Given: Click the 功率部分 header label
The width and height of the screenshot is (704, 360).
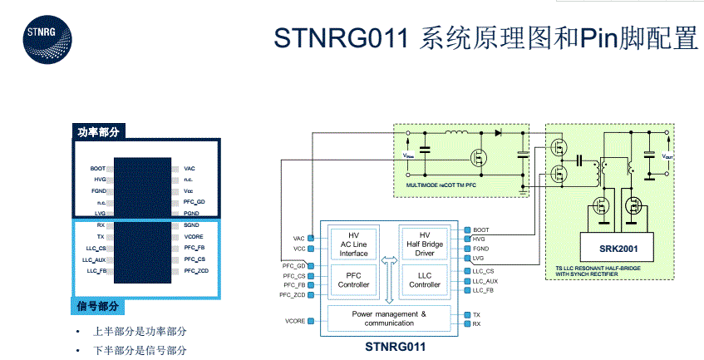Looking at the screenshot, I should [99, 132].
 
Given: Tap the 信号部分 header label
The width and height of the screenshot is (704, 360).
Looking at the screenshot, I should [98, 307].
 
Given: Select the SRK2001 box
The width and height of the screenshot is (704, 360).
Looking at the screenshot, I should [618, 249].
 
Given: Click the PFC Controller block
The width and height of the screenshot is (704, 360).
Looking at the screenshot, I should [353, 279].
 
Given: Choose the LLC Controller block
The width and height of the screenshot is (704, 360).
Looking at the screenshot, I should [425, 279].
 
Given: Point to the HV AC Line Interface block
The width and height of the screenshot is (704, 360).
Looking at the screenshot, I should [353, 242].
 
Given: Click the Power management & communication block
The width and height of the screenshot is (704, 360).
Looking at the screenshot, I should [388, 318].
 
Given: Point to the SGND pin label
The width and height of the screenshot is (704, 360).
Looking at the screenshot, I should [191, 225].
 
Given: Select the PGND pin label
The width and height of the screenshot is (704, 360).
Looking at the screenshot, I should [191, 214].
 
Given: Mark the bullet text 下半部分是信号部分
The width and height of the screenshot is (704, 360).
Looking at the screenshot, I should [139, 351].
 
